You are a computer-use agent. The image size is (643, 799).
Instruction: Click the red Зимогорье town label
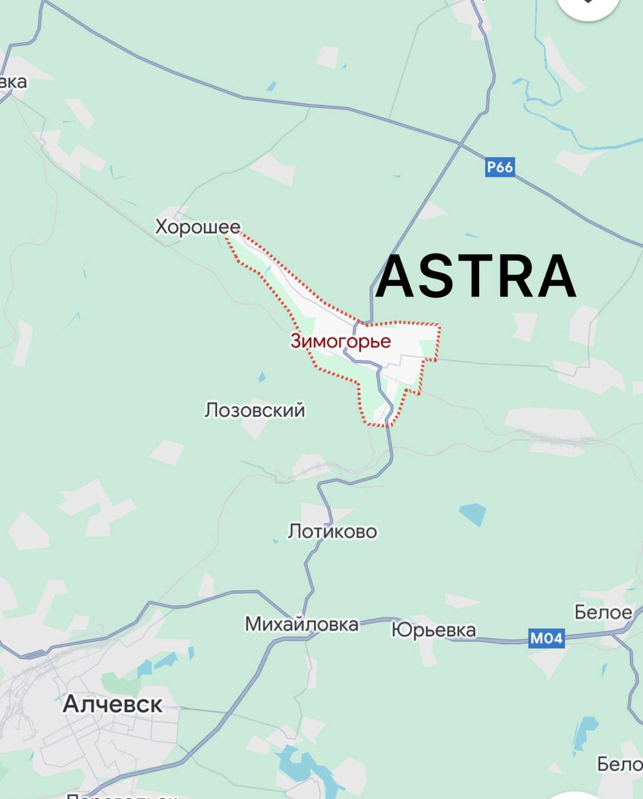pyautogui.click(x=341, y=341)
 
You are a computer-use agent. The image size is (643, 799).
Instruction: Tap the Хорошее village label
pyautogui.click(x=198, y=227)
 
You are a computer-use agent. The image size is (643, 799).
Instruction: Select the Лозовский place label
pyautogui.click(x=254, y=410)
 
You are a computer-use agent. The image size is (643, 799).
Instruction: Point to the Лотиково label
pyautogui.click(x=332, y=531)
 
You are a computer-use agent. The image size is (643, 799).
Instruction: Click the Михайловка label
pyautogui.click(x=301, y=624)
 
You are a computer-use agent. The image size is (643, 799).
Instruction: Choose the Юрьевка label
pyautogui.click(x=433, y=630)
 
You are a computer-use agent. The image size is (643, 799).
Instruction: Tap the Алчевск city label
pyautogui.click(x=112, y=704)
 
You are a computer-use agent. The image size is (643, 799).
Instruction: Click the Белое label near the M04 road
pyautogui.click(x=603, y=612)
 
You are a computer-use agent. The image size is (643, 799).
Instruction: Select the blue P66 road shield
pyautogui.click(x=500, y=167)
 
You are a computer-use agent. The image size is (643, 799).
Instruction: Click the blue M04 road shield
pyautogui.click(x=546, y=638)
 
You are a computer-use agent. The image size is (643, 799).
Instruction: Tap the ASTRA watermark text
pyautogui.click(x=475, y=277)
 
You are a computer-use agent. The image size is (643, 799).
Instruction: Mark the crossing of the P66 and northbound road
pyautogui.click(x=460, y=144)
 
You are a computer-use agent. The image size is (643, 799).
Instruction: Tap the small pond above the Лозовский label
pyautogui.click(x=262, y=376)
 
